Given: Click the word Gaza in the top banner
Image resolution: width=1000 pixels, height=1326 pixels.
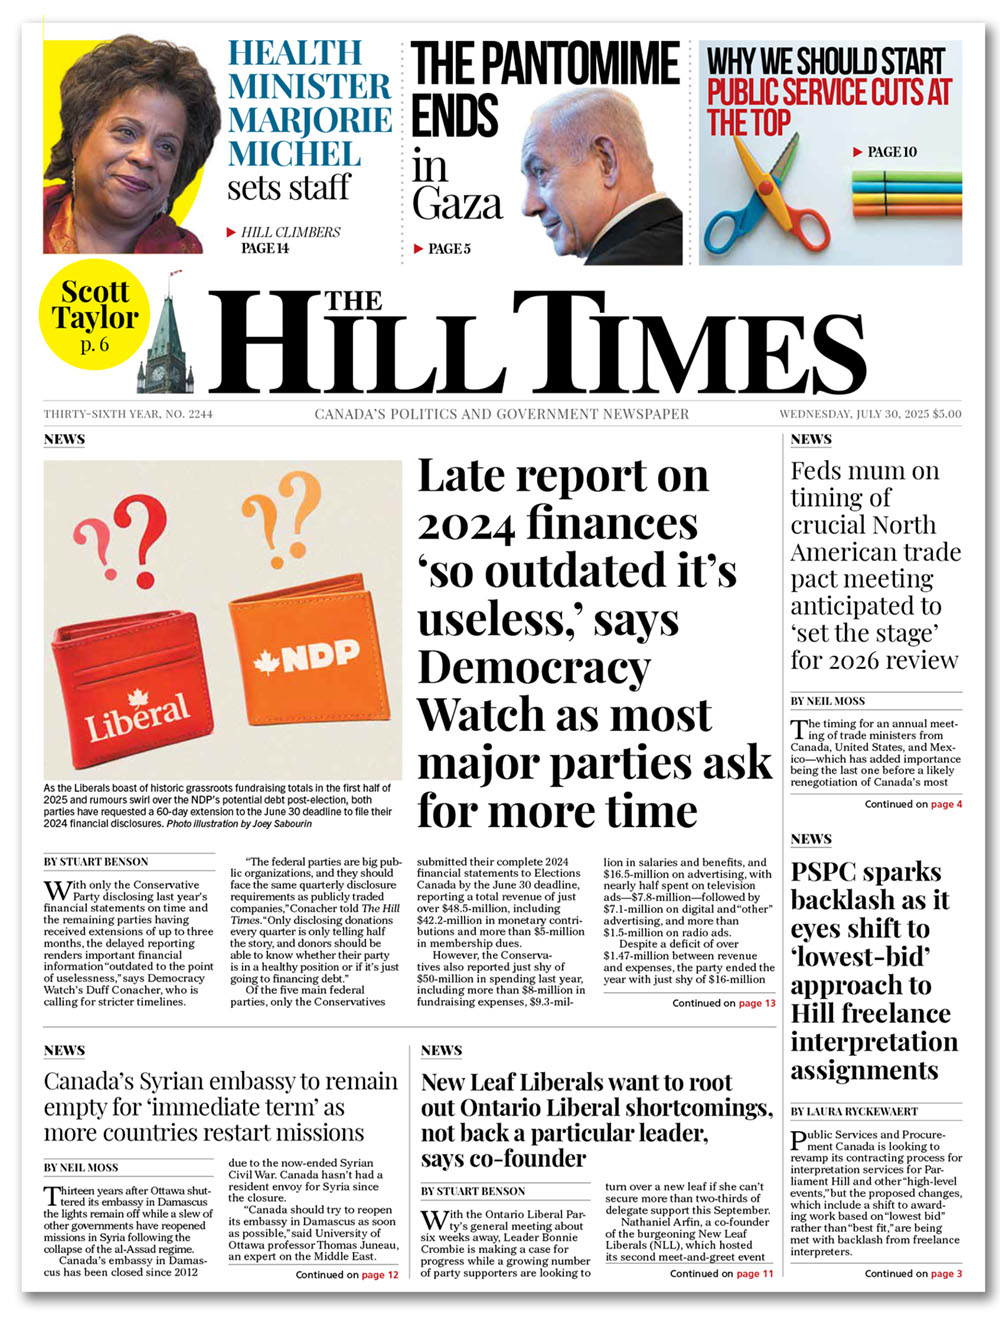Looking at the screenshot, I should point(456,203).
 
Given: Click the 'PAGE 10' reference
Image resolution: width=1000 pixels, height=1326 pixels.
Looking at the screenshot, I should point(891,152).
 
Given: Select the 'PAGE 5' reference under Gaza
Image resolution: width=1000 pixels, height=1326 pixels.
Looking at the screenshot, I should point(448,248).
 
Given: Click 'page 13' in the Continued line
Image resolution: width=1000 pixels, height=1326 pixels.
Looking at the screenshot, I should point(757,1003).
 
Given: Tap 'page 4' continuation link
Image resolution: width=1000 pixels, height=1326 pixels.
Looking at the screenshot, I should point(946,804).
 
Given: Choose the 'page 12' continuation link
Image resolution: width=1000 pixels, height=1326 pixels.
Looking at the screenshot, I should point(380,1275).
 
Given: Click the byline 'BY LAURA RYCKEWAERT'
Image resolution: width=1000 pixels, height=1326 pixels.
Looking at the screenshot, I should point(854,1111).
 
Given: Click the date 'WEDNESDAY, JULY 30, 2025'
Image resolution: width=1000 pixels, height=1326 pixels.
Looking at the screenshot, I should point(853,414).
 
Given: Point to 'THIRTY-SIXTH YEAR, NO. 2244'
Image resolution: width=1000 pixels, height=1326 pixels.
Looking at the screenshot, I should point(128,414).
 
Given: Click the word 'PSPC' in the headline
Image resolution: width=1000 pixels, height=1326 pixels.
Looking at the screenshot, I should point(830,872).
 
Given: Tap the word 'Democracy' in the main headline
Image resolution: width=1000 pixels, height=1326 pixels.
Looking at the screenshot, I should point(534,667).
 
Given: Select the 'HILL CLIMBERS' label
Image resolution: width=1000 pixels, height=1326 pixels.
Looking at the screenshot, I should point(290,232).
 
